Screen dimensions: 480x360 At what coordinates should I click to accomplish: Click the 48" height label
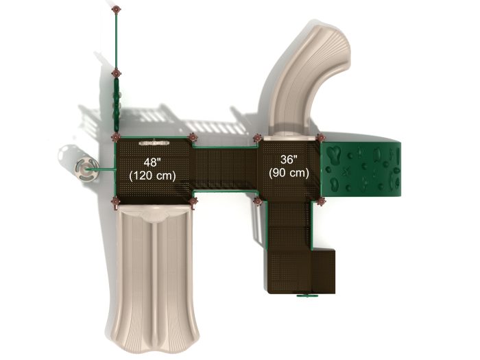152,163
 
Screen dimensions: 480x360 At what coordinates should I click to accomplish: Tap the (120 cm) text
152,176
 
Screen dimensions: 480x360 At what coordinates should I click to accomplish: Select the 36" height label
289,159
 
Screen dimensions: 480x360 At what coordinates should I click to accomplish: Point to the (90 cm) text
289,173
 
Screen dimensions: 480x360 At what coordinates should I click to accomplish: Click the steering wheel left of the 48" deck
86,169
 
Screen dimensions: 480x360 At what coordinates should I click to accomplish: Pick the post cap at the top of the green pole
116,10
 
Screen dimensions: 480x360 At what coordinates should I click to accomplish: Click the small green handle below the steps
306,296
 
